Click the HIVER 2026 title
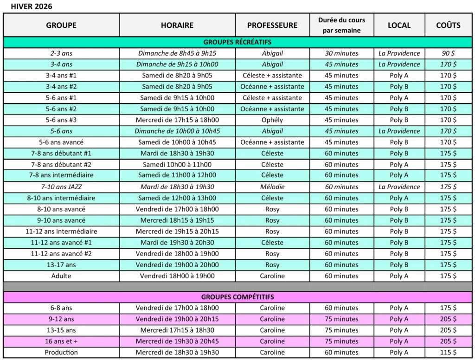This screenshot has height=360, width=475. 32,6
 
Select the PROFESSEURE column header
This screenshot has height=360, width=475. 272,25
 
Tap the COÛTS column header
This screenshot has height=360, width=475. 448,25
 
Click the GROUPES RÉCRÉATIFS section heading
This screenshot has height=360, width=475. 237,42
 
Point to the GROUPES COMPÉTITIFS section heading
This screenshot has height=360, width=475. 237,297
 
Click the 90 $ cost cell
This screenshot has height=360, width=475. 448,53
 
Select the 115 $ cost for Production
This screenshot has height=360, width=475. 448,352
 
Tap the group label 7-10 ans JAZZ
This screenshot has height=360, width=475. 61,187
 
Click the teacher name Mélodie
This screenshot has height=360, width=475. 272,187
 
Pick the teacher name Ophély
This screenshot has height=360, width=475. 272,120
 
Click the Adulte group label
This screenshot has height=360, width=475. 61,276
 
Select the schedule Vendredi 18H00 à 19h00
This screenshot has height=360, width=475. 177,276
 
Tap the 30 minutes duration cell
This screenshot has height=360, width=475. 341,53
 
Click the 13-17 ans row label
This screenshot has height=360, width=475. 61,265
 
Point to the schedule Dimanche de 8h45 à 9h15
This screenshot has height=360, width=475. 177,53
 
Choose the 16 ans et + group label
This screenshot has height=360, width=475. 61,341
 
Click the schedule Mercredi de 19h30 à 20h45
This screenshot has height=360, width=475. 177,341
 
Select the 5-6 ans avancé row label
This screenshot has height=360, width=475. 61,142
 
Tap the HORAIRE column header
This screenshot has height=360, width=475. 177,25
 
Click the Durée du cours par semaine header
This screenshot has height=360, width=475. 341,25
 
